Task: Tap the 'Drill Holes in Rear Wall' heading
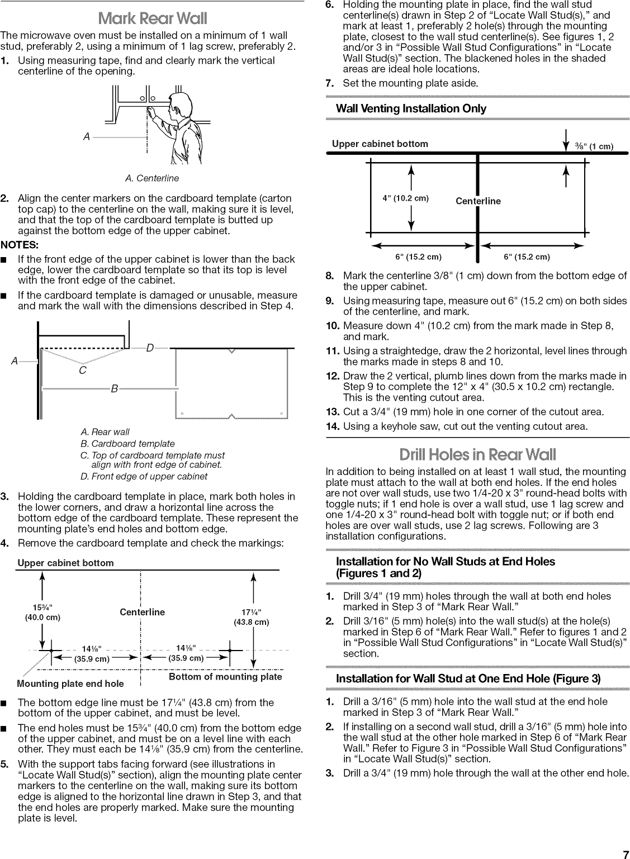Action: click(x=477, y=454)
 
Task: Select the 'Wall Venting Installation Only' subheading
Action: click(x=411, y=108)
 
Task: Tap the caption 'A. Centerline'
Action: click(x=152, y=178)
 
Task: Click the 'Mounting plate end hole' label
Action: click(x=70, y=684)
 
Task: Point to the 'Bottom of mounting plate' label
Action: click(x=225, y=677)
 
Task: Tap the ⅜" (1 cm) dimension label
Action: click(x=593, y=147)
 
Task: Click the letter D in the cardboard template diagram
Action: click(x=149, y=349)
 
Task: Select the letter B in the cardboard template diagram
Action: click(x=114, y=388)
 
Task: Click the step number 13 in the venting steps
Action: click(x=333, y=412)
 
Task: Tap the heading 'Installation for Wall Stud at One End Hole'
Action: click(x=468, y=678)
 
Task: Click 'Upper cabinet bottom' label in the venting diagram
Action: click(x=380, y=144)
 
